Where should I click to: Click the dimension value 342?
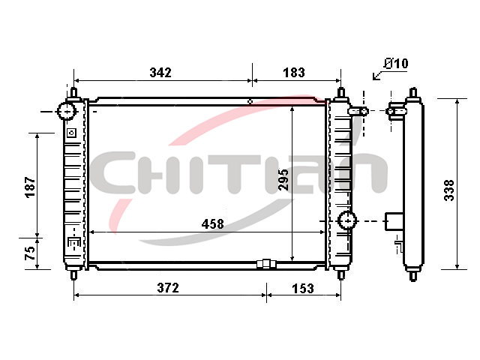click(160, 73)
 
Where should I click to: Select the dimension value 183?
click(294, 73)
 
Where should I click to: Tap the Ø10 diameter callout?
click(397, 63)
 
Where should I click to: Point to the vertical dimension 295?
click(283, 179)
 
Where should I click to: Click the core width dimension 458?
click(212, 224)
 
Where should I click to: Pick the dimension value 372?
click(168, 288)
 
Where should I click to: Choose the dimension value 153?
click(303, 289)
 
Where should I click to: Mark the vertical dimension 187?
click(31, 187)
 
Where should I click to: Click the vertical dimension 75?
click(30, 253)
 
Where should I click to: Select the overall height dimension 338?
click(449, 190)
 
